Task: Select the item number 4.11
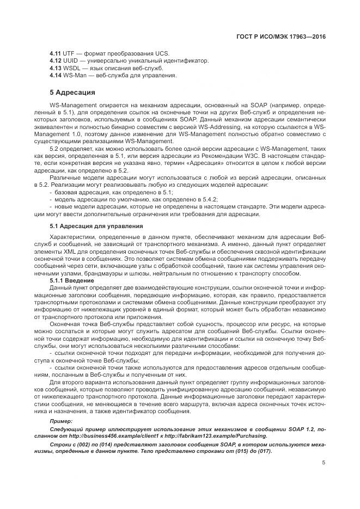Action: click(x=55, y=53)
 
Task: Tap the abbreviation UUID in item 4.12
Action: click(x=71, y=60)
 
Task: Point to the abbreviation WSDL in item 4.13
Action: click(x=72, y=68)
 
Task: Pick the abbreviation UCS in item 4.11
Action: click(x=162, y=53)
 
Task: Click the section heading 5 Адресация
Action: click(x=72, y=92)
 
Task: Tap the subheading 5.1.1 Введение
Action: click(x=72, y=280)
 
